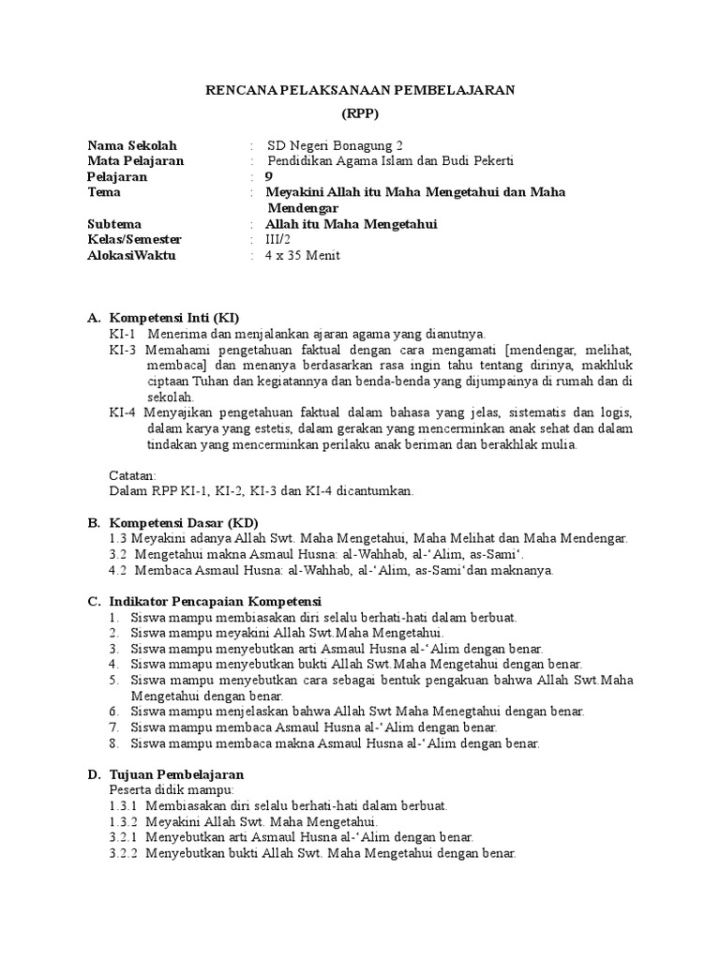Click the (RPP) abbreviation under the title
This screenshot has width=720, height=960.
(360, 114)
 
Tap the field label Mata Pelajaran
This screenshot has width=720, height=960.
(135, 160)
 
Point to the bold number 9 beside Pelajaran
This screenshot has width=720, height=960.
(270, 176)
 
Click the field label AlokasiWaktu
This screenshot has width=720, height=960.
(131, 256)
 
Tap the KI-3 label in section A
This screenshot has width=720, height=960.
(123, 349)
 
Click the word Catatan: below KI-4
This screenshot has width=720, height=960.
(133, 474)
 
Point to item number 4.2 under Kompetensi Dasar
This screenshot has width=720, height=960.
(118, 569)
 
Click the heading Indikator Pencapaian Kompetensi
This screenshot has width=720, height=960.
(216, 601)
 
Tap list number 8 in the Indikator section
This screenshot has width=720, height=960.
(112, 743)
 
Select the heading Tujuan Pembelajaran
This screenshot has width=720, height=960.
(177, 774)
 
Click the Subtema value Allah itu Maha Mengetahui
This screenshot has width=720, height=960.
(352, 224)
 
